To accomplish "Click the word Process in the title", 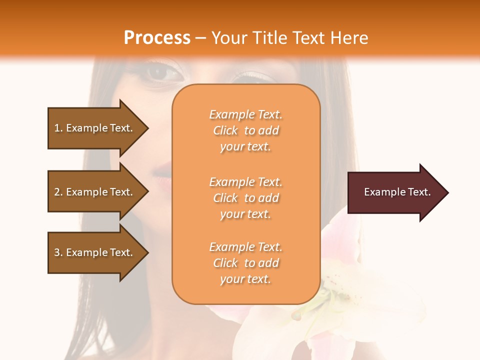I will [157, 38].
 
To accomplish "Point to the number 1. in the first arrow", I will [58, 128].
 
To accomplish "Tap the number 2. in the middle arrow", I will [58, 192].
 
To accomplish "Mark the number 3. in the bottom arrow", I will [58, 252].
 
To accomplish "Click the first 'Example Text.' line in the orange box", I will [245, 114].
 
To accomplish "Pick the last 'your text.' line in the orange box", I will [245, 279].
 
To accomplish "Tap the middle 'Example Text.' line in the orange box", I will [245, 182].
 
